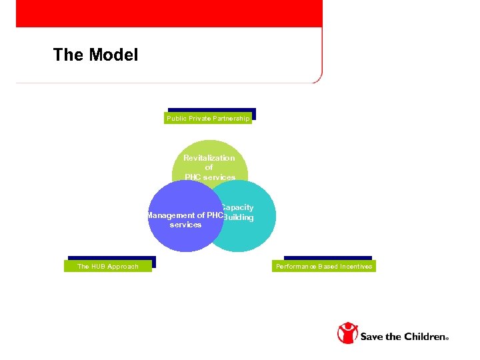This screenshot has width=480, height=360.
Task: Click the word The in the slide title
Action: pyautogui.click(x=68, y=55)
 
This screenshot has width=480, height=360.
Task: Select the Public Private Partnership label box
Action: pyautogui.click(x=208, y=119)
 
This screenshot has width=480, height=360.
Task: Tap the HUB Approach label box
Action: pyautogui.click(x=108, y=267)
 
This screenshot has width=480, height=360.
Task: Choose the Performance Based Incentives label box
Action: pyautogui.click(x=324, y=267)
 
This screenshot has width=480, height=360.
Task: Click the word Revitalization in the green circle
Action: pyautogui.click(x=209, y=158)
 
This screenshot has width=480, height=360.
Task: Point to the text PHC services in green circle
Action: pyautogui.click(x=209, y=177)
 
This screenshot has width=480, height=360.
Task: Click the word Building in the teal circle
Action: pyautogui.click(x=239, y=218)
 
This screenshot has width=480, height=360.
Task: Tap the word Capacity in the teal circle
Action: pyautogui.click(x=237, y=208)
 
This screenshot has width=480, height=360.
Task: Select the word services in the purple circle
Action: pyautogui.click(x=185, y=225)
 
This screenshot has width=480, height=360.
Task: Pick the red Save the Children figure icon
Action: pyautogui.click(x=347, y=333)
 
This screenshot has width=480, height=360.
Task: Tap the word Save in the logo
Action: pyautogui.click(x=371, y=337)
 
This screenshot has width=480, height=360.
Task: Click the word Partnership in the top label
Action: pyautogui.click(x=231, y=119)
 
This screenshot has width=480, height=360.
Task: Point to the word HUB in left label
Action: pyautogui.click(x=98, y=267)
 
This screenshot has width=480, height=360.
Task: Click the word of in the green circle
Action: pyautogui.click(x=209, y=168)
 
